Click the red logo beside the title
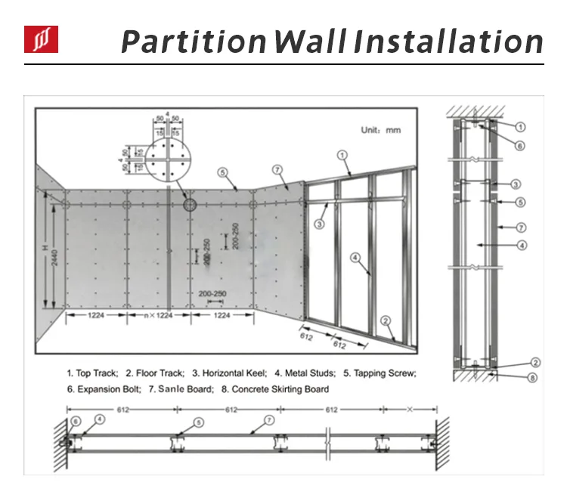(x=41, y=39)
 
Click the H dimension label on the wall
(x=45, y=248)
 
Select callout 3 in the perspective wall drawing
(x=320, y=224)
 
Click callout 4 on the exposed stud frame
(x=354, y=257)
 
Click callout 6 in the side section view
(x=520, y=146)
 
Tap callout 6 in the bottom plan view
(x=75, y=421)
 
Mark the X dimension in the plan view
(x=409, y=409)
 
